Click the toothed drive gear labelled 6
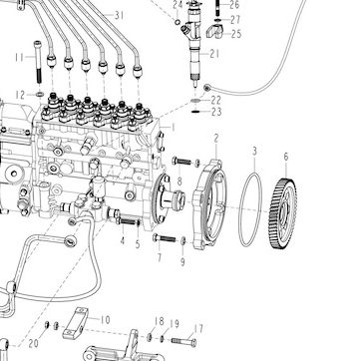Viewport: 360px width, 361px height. (282, 213)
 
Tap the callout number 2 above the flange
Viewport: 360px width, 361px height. (216, 139)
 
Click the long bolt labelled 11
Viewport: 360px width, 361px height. (38, 62)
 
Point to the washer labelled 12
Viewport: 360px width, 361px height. (40, 95)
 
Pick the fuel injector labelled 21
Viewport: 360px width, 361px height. (193, 43)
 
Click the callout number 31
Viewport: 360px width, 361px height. (119, 15)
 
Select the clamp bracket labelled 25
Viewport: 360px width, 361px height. (214, 32)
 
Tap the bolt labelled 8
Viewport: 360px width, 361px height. (181, 162)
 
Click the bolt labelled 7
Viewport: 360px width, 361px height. (165, 238)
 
